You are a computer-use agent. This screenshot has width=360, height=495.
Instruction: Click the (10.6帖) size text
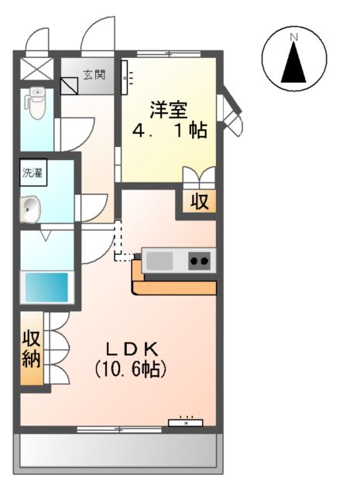pos(131,369)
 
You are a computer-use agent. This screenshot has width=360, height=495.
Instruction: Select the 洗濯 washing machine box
pos(33,172)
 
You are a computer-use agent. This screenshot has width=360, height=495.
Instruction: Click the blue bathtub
pos(46,287)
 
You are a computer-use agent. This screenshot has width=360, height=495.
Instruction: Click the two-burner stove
pos(200,261)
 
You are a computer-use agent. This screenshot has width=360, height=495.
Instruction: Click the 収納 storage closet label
pos(32,349)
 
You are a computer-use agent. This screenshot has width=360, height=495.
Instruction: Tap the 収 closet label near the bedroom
pos(200,203)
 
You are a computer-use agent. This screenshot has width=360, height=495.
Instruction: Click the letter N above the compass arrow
pos(294,36)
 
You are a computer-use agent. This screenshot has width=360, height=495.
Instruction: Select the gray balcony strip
pos(117,451)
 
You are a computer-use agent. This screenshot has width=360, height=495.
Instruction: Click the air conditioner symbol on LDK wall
pos(186,422)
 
